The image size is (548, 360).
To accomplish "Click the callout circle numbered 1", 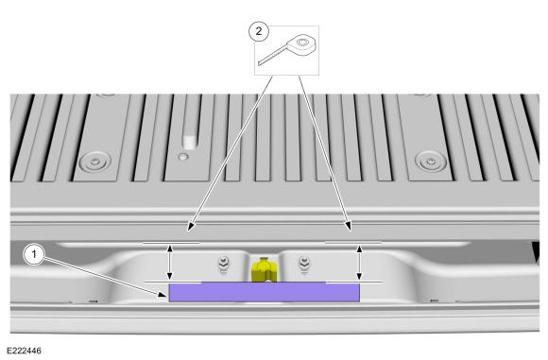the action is pos(34,254).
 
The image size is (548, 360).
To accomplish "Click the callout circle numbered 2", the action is pos(259,31).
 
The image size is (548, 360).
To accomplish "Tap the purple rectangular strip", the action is pos(265,292).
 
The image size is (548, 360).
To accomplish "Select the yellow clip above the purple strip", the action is pos(265,269).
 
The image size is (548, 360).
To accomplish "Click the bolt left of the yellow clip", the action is pos(223,264).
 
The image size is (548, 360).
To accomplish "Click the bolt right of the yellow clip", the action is pos(304,264).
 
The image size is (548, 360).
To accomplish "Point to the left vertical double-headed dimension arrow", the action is pos(170,263).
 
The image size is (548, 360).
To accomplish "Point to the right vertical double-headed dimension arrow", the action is pos(359,263).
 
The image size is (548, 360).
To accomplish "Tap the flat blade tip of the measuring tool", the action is pos(260,63).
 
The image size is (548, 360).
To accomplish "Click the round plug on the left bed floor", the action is pos(95,162).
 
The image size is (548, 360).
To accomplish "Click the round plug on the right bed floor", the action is pos(431,162).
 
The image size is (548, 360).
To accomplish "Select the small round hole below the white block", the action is pos(182,157).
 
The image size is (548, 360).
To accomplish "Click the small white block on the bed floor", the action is pos(189,142).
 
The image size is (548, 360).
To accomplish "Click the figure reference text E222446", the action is pos(25,351).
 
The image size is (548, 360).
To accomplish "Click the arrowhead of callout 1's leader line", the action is pos(162,294).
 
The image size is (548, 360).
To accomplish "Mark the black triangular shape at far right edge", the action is pos(536,250).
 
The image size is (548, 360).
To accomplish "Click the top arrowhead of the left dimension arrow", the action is pos(170,249).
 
